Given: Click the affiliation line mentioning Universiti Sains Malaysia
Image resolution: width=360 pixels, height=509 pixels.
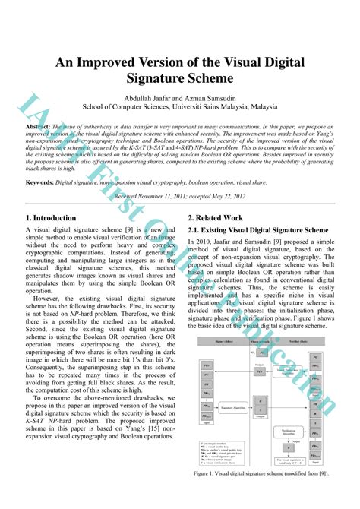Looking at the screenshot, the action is click(180, 107).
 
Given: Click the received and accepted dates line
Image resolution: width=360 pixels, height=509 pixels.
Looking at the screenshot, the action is click(179, 196).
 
